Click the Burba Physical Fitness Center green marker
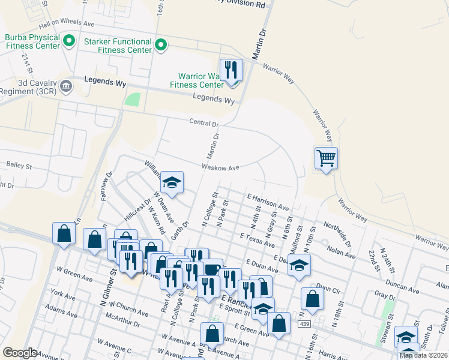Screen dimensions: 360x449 (x=68, y=41)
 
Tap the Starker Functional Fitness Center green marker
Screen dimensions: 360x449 (x=161, y=45)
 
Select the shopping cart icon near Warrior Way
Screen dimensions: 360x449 (x=326, y=158)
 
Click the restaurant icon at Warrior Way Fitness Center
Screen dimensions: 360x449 (x=231, y=70)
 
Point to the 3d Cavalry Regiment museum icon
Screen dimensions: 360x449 (x=66, y=85)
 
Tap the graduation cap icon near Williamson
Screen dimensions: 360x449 (x=172, y=183)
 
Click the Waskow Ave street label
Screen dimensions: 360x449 (x=221, y=167)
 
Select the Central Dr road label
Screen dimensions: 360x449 (x=203, y=123)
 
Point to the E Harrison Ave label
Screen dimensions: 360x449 (x=268, y=201)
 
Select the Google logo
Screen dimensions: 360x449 (x=20, y=353)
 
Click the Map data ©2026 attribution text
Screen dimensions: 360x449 (x=423, y=355)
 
